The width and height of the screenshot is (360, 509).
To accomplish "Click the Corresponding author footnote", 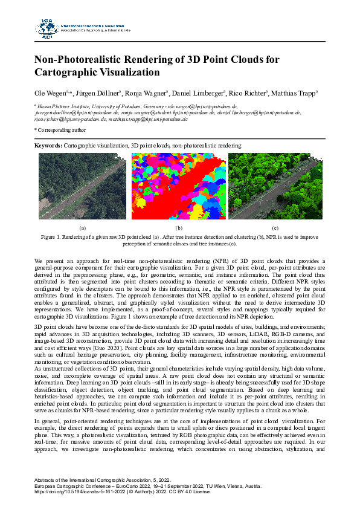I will pyautogui.click(x=60, y=129).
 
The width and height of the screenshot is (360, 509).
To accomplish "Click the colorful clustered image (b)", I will pyautogui.click(x=178, y=186).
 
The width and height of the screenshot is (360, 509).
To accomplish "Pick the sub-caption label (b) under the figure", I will pyautogui.click(x=178, y=228).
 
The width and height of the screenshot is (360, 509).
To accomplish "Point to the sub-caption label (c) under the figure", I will pyautogui.click(x=275, y=228).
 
